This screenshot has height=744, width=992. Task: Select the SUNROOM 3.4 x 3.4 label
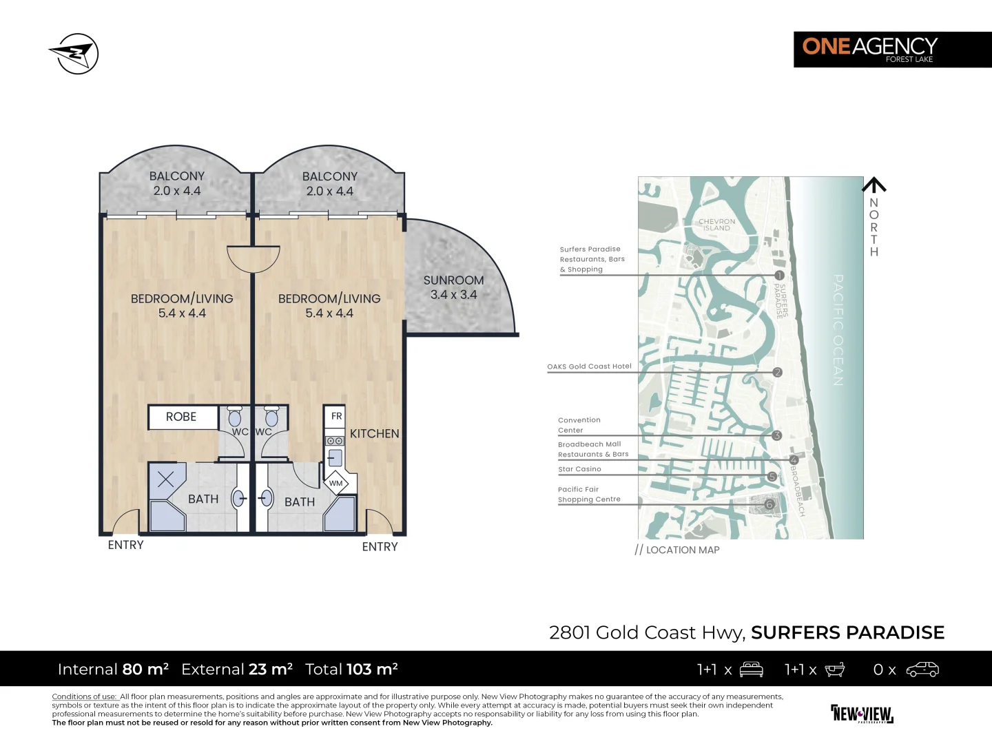(x=453, y=287)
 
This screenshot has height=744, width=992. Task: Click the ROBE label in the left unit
(x=181, y=417)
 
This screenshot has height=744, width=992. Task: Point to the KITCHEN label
(x=374, y=433)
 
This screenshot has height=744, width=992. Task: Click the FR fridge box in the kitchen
(x=336, y=416)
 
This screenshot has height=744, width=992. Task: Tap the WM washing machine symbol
(x=336, y=483)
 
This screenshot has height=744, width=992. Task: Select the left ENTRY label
(x=125, y=545)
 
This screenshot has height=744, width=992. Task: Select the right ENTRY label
(x=380, y=547)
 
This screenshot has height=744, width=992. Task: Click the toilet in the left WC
(x=235, y=417)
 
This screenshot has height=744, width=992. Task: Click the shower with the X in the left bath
(x=166, y=479)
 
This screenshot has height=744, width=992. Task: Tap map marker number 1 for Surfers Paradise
(x=779, y=276)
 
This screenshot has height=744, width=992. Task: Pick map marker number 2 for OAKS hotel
(x=777, y=372)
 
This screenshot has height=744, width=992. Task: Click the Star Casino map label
(x=579, y=469)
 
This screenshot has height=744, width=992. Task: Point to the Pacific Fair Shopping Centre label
(x=589, y=495)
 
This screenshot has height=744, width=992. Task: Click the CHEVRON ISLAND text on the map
(x=716, y=225)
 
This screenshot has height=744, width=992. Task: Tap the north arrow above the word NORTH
(x=874, y=185)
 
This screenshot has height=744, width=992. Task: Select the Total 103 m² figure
(x=351, y=670)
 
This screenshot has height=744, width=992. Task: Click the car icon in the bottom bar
(x=922, y=670)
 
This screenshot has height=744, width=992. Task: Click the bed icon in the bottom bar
(x=751, y=670)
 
